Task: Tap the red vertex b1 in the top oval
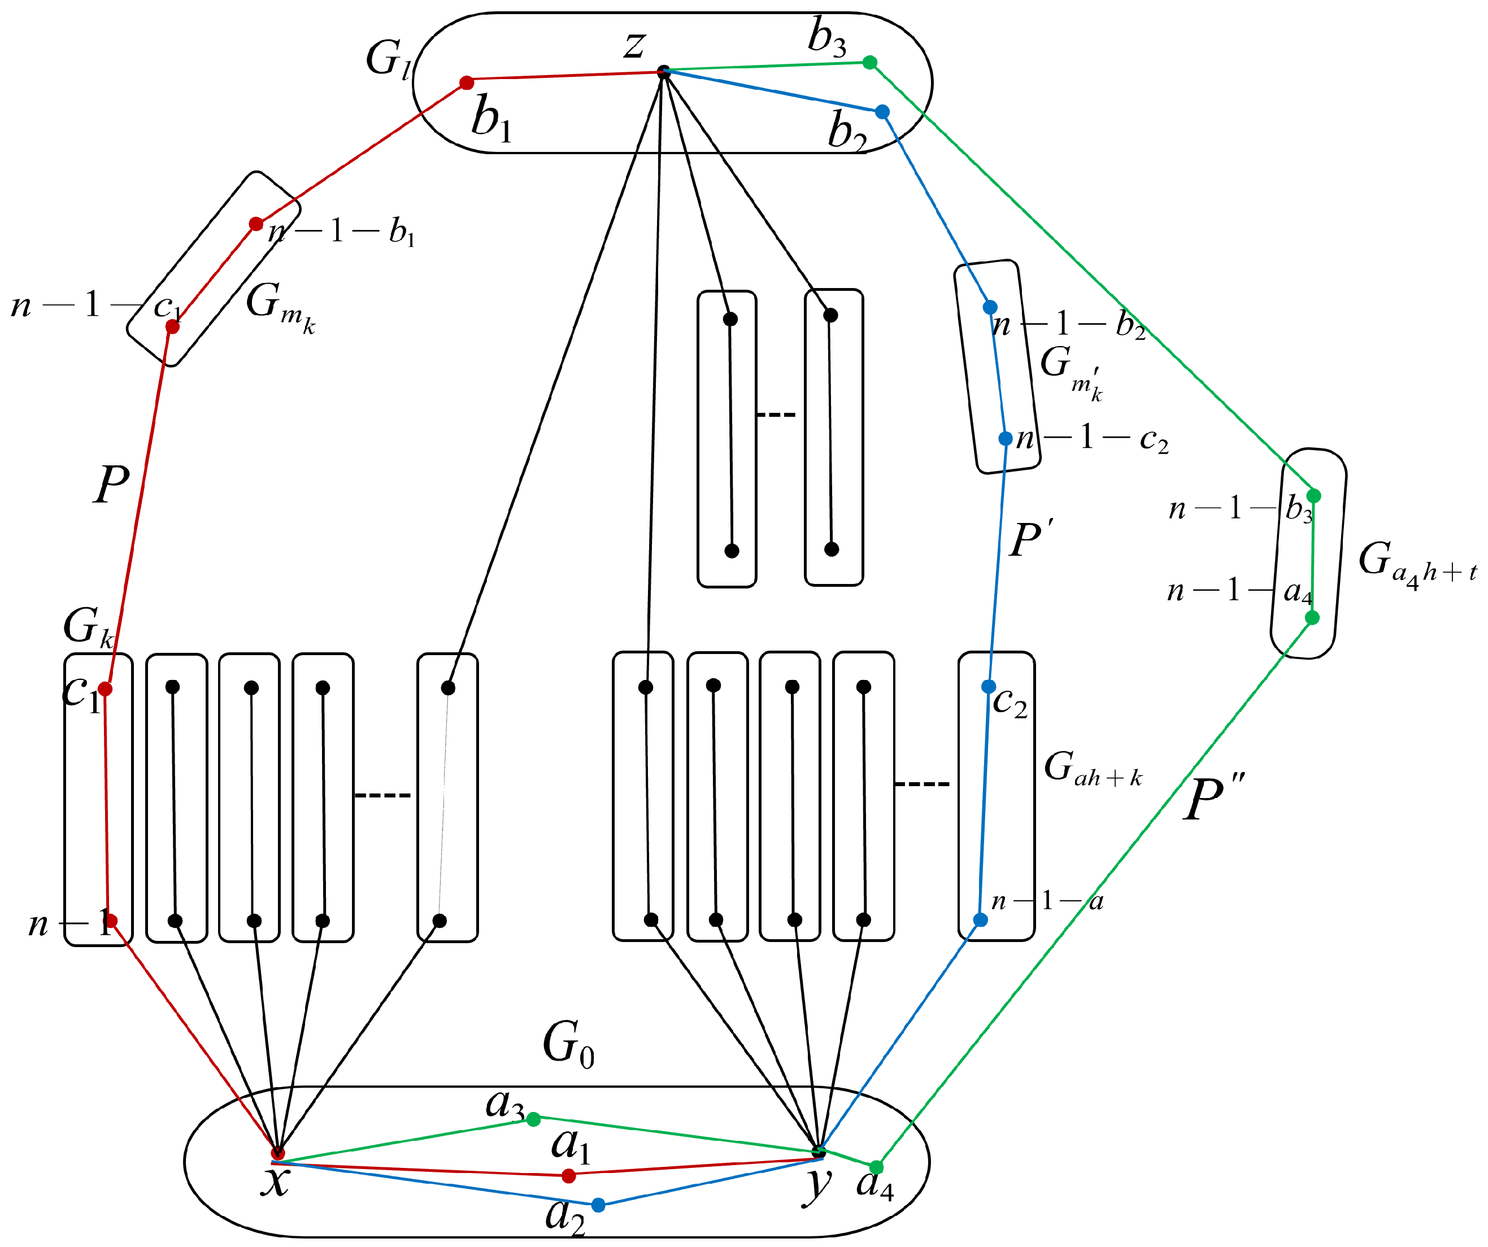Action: pyautogui.click(x=466, y=83)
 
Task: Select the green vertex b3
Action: pyautogui.click(x=870, y=62)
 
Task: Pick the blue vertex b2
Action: pyautogui.click(x=882, y=111)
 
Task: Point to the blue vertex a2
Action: pyautogui.click(x=598, y=1205)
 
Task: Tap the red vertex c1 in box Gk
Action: pyautogui.click(x=105, y=688)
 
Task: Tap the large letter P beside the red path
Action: pyautogui.click(x=111, y=485)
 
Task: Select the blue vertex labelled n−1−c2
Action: pyautogui.click(x=1005, y=439)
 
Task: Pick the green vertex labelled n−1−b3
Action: pyautogui.click(x=1313, y=495)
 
